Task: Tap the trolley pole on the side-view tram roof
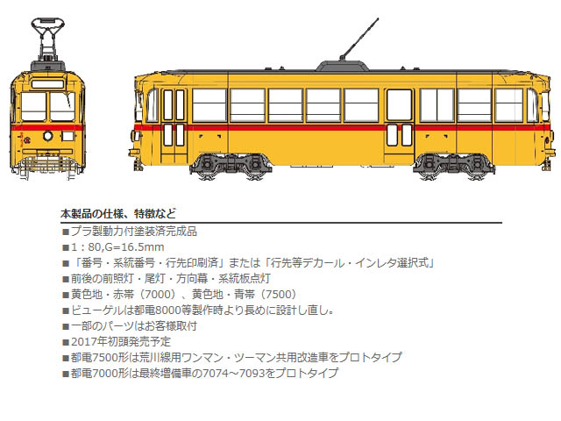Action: coord(359,39)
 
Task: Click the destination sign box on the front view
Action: coord(47,84)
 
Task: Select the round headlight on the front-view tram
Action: coord(48,136)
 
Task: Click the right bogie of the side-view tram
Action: coord(453,166)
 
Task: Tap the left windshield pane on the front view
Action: coord(33,106)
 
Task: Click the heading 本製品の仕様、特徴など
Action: coord(118,214)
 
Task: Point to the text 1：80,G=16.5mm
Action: coord(117,247)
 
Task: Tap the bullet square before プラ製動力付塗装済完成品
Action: coord(66,232)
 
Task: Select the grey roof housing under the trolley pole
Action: coord(342,66)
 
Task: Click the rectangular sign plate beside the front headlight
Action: coord(67,136)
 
